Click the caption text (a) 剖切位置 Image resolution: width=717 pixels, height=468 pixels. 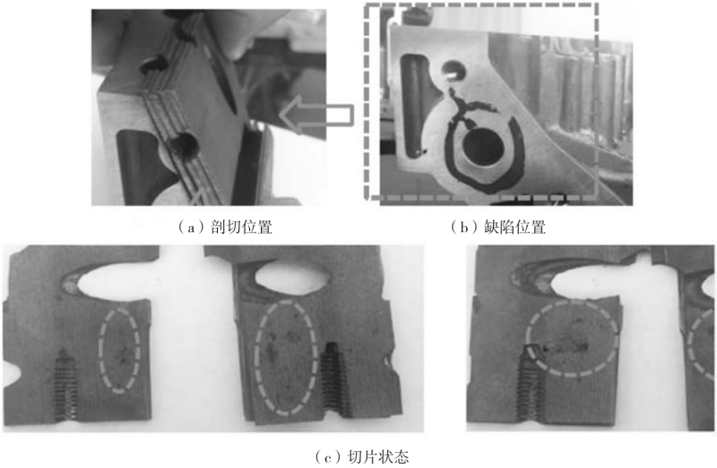(x=226, y=227)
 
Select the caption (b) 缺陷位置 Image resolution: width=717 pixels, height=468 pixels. (x=498, y=227)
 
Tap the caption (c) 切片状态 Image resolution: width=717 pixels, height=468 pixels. (x=362, y=457)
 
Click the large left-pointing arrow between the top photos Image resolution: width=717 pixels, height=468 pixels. (x=316, y=116)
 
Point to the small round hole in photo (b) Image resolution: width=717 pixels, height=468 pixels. (x=453, y=71)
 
